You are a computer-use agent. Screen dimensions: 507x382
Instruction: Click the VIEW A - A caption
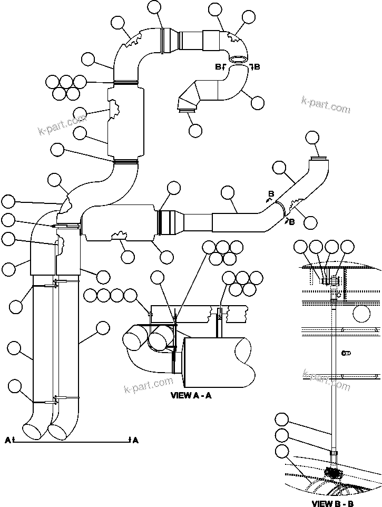pyautogui.click(x=191, y=396)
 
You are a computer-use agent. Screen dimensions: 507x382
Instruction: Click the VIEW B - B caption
pyautogui.click(x=332, y=503)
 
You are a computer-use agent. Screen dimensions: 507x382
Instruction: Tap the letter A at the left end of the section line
pyautogui.click(x=8, y=440)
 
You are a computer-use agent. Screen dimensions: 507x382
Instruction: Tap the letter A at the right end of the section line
pyautogui.click(x=135, y=440)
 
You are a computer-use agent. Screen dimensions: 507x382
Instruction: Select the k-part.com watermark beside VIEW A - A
pyautogui.click(x=149, y=385)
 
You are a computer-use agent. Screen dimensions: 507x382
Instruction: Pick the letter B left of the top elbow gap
pyautogui.click(x=218, y=66)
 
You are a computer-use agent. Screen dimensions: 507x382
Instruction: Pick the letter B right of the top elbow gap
pyautogui.click(x=257, y=66)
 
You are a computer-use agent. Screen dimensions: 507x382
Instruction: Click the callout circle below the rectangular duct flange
pyautogui.click(x=195, y=130)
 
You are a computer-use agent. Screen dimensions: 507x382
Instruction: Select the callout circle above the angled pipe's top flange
pyautogui.click(x=312, y=138)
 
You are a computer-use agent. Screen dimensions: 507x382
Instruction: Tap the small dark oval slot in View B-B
pyautogui.click(x=346, y=353)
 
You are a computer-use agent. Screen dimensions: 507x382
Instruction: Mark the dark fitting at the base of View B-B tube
pyautogui.click(x=332, y=473)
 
